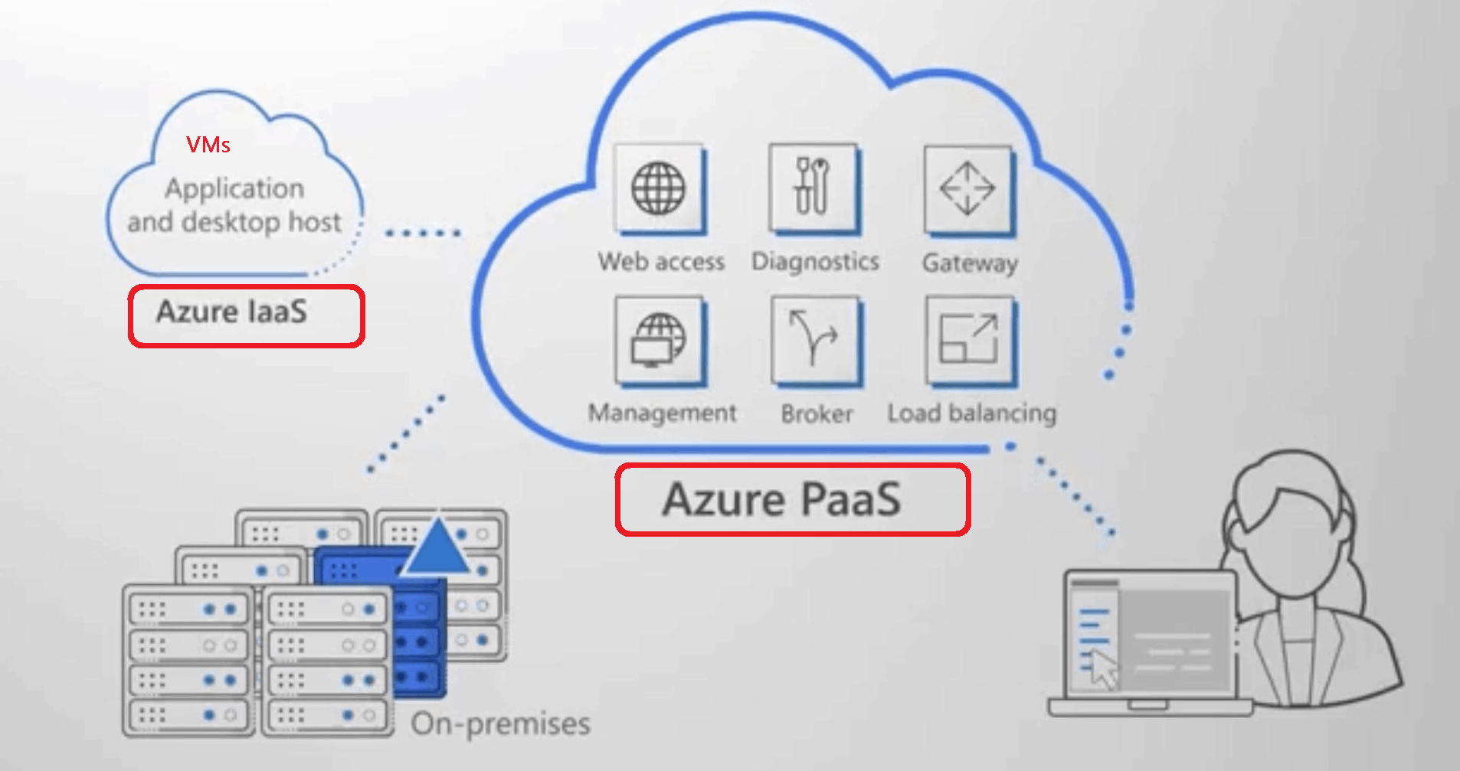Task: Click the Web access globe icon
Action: pos(658,188)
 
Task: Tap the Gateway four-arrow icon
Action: pos(967,188)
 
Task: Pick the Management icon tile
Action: pos(658,340)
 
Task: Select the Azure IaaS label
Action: pos(232,312)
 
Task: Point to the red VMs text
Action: pos(208,145)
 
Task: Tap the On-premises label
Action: pos(501,724)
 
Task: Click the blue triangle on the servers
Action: pos(437,548)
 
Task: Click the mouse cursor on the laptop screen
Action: pos(1102,668)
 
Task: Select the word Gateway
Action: pos(970,263)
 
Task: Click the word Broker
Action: pos(817,414)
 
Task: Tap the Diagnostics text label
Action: pos(815,262)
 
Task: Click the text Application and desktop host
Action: pos(234,205)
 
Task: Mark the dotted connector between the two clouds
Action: pos(423,232)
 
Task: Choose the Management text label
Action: pos(663,413)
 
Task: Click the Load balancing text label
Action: pos(971,413)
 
